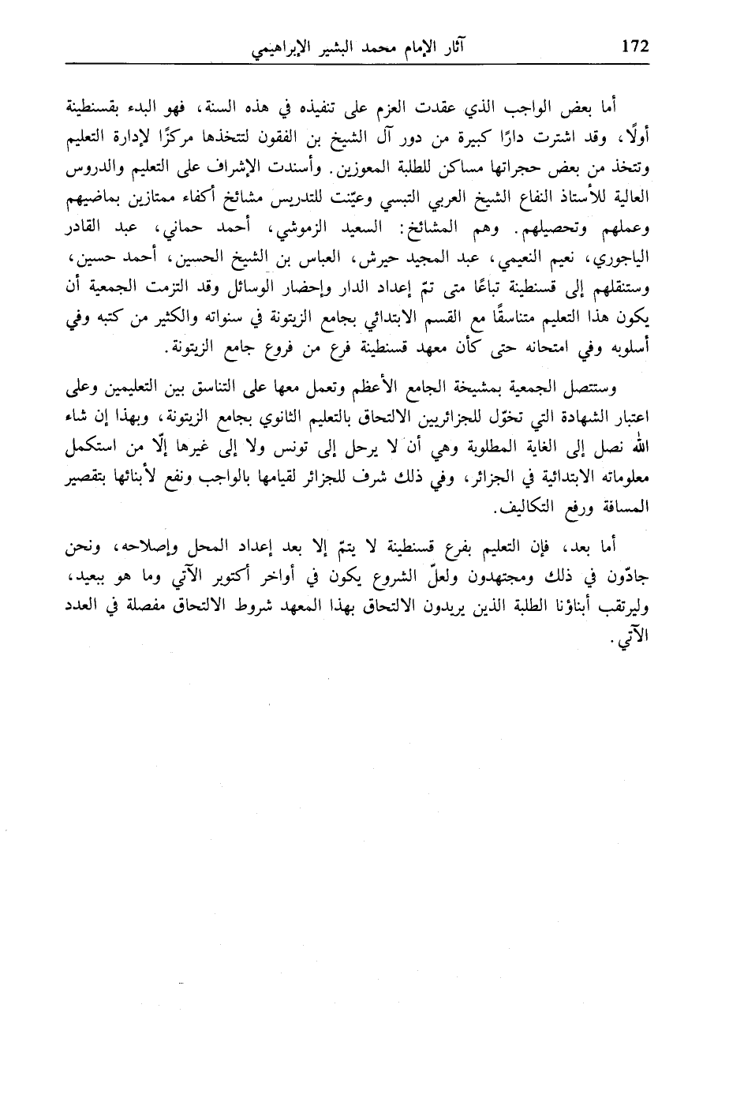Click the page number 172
[x=634, y=47]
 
